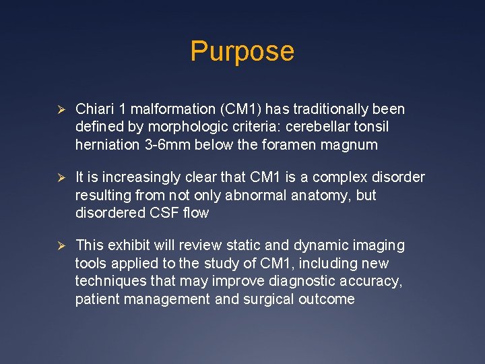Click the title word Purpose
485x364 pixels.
pyautogui.click(x=242, y=52)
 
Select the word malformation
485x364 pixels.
pyautogui.click(x=171, y=109)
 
